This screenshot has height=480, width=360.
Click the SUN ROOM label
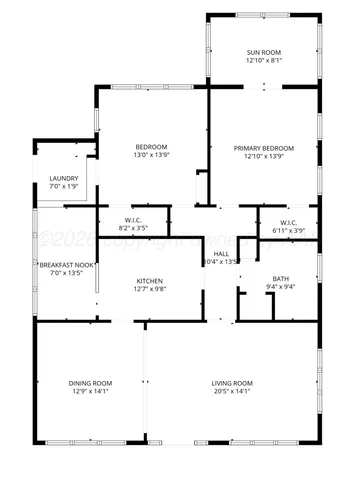coord(265,51)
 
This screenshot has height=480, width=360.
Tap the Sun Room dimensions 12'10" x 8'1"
coord(265,60)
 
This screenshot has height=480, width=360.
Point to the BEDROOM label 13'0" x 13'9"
coord(152,148)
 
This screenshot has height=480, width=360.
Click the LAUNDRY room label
coord(63,179)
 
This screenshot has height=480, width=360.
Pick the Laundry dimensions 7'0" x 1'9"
coord(63,187)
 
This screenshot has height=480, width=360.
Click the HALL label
coord(221,253)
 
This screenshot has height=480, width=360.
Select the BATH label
coord(281,278)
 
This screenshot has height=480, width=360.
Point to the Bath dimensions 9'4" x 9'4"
coord(281,287)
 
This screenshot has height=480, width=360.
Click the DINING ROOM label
coord(90,383)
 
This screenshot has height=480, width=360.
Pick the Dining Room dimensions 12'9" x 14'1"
coord(90,392)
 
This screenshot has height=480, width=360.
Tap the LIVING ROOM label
coord(231,383)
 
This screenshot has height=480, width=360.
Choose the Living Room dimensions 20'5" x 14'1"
coord(231,392)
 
